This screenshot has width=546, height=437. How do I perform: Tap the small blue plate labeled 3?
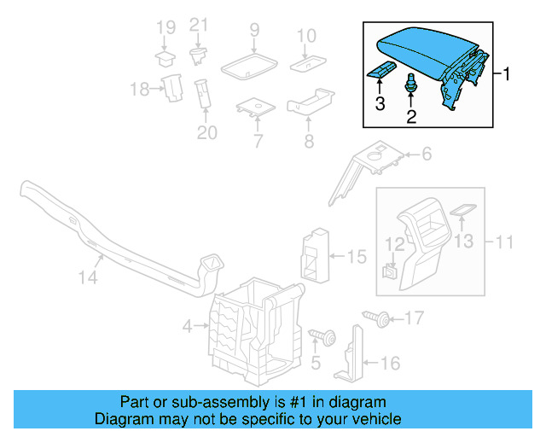pos(381,71)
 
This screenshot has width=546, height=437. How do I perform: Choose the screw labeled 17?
pos(376,319)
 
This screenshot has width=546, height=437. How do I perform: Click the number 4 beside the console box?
pos(187,325)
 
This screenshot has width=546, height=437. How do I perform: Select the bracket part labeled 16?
pos(351,362)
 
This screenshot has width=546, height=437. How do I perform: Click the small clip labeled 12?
pos(388,271)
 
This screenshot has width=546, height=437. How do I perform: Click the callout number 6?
pos(424,154)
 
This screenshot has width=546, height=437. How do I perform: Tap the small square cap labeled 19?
pos(165,58)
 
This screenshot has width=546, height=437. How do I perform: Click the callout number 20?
pos(206,132)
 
